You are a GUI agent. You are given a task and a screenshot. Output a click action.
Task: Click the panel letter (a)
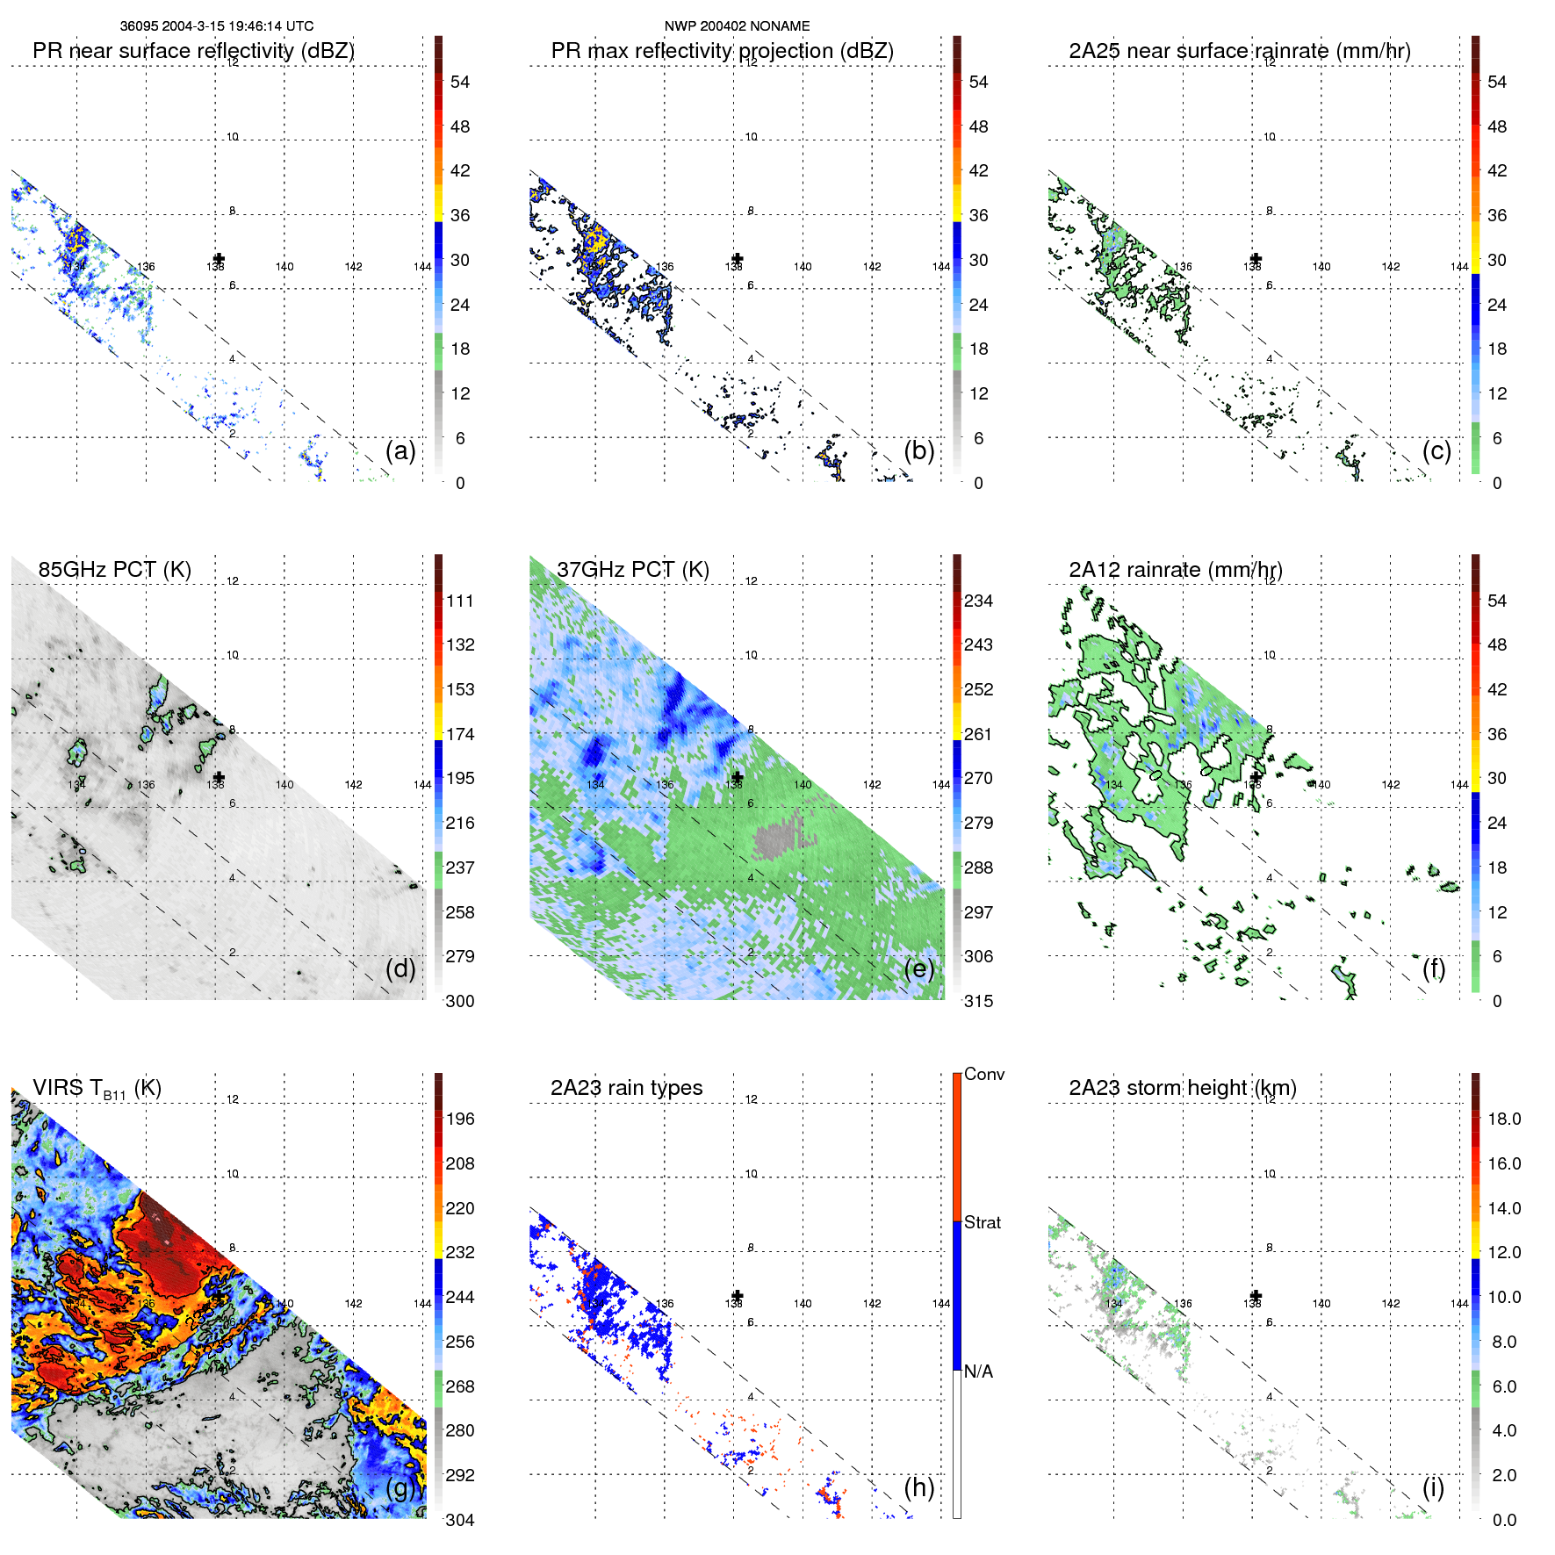[x=400, y=451]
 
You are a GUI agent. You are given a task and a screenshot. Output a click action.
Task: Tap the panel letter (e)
[x=919, y=969]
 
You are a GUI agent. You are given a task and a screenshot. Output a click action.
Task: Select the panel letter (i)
[x=1433, y=1487]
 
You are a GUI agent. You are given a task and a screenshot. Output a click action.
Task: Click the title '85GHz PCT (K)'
[x=114, y=570]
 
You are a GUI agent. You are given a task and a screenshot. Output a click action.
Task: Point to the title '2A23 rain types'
[x=626, y=1088]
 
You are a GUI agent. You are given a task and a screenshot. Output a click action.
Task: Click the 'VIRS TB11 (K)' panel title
[x=97, y=1089]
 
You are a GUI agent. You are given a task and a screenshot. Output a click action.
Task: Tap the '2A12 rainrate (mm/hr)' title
[x=1175, y=570]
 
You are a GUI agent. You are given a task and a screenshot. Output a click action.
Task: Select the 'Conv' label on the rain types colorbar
[x=983, y=1074]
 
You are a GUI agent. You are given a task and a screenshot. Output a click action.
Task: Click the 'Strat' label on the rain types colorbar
[x=982, y=1222]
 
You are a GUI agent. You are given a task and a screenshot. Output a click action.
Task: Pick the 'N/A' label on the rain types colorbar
[x=978, y=1371]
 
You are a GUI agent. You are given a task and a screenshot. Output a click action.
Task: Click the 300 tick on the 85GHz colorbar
[x=459, y=1001]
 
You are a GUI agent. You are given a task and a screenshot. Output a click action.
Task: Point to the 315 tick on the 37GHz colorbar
[x=978, y=1001]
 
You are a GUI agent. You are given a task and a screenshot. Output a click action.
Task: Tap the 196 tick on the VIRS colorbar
[x=459, y=1119]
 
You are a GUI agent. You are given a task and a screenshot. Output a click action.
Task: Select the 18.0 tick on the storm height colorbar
[x=1503, y=1119]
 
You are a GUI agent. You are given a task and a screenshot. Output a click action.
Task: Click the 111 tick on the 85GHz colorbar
[x=459, y=601]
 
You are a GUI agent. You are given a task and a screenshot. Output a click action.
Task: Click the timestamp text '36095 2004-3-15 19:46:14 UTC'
[x=217, y=26]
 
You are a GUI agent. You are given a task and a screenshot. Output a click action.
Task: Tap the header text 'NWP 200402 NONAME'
[x=737, y=26]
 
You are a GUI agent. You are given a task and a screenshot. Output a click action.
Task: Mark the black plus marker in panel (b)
[x=738, y=259]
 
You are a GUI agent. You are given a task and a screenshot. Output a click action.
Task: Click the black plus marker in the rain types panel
[x=738, y=1296]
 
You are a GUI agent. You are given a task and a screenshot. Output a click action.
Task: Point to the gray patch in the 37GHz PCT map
[x=776, y=839]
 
